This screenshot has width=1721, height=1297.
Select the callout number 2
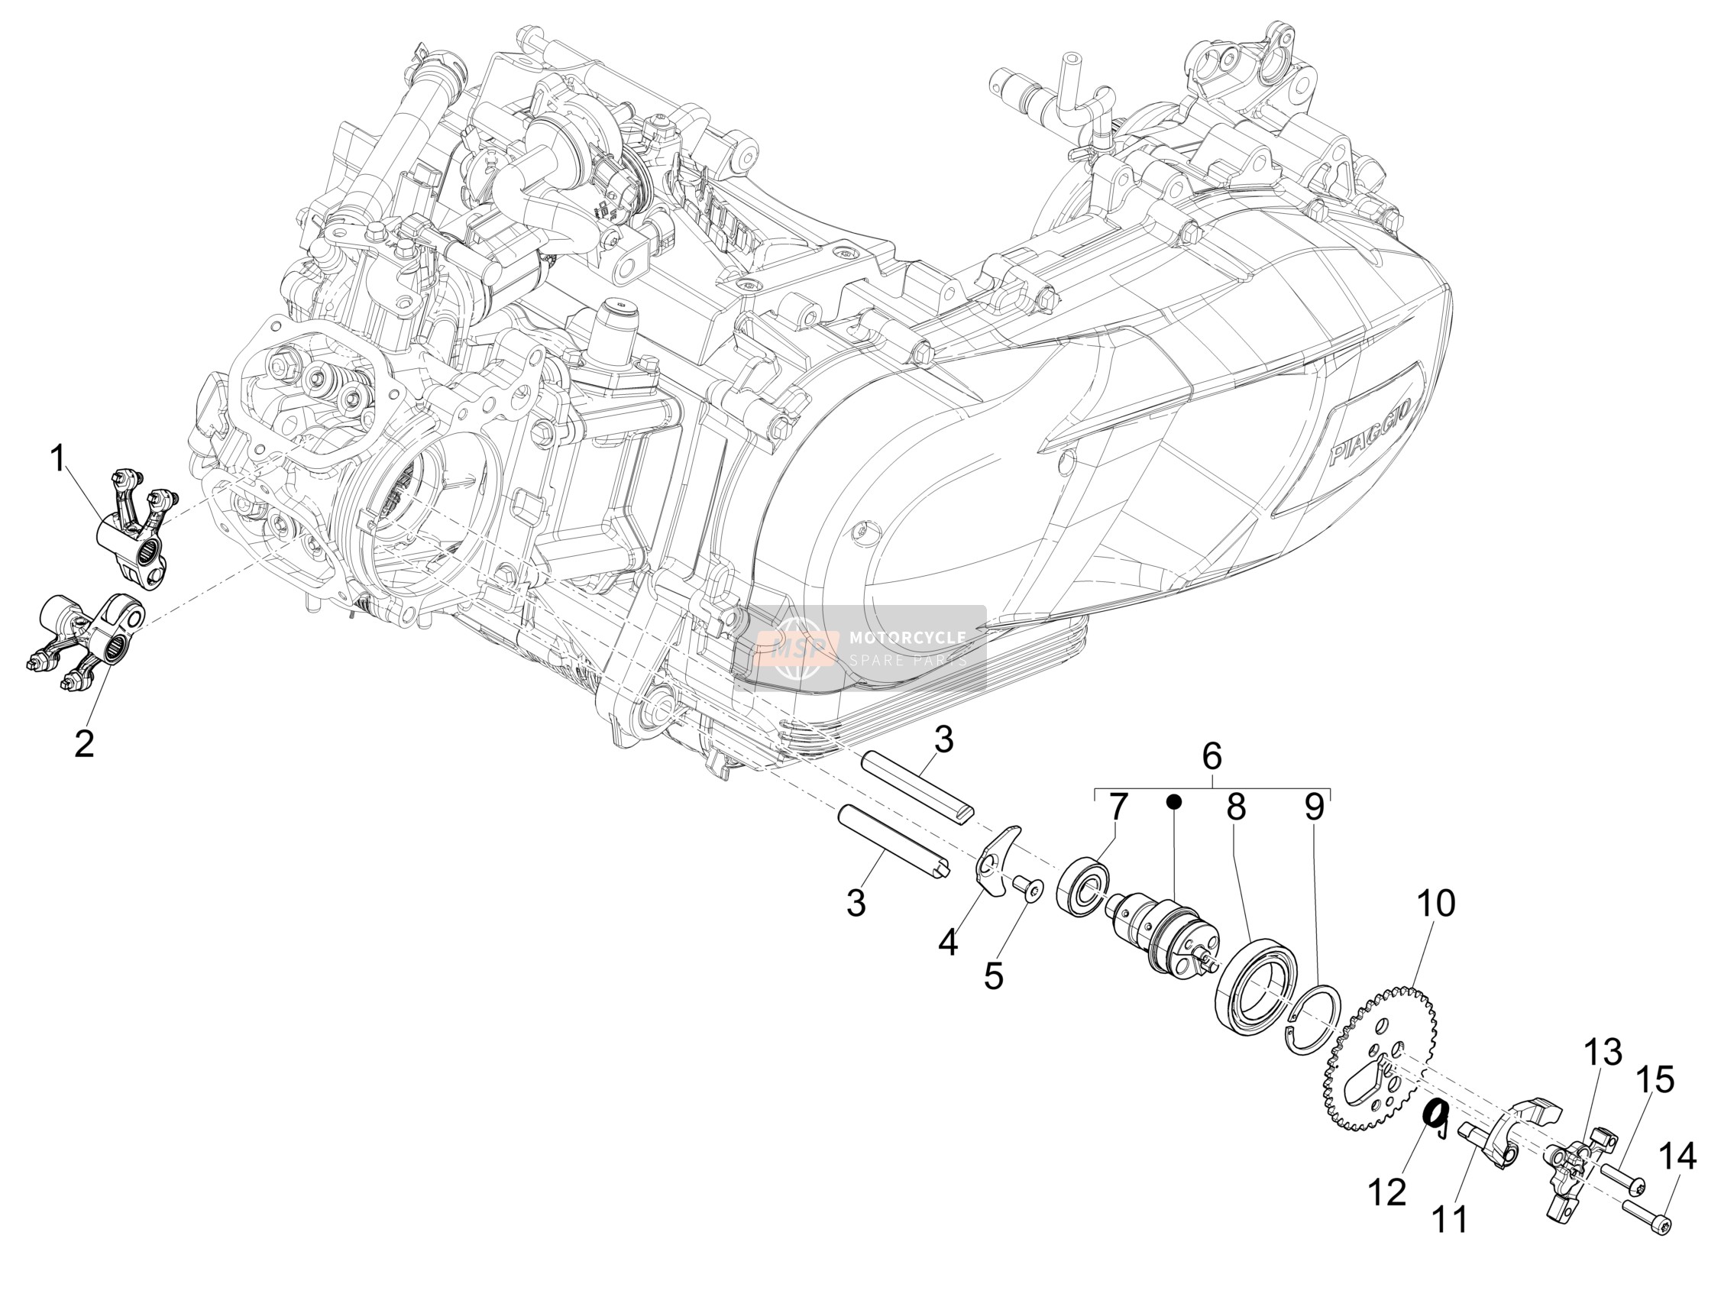(x=84, y=743)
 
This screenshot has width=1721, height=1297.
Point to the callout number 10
(x=1435, y=904)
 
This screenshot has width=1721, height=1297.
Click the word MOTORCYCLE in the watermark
(x=907, y=637)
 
